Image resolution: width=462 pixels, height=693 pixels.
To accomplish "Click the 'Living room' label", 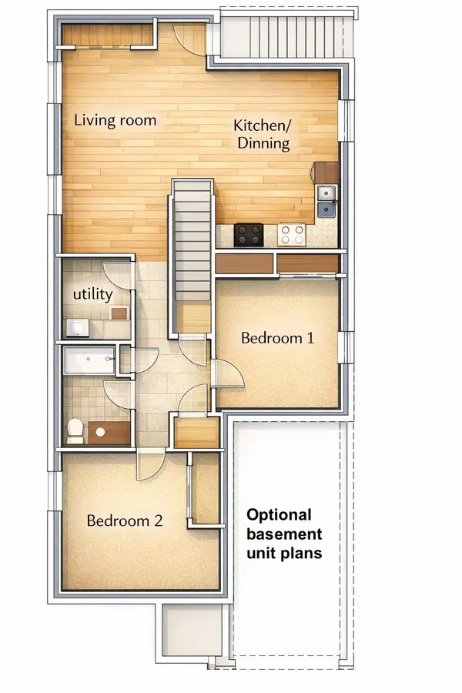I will pos(115,120).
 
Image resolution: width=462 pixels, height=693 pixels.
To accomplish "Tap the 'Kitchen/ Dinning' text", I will pos(263,135).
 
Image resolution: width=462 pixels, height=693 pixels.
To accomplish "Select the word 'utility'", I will pos(93,294).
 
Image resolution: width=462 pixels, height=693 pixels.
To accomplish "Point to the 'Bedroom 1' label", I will pos(277,337).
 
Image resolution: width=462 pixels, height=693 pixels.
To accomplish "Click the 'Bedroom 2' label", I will pos(124,521).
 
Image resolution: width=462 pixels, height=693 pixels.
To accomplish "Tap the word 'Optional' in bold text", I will pos(279,515).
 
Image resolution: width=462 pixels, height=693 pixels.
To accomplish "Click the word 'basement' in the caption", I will pos(283,534).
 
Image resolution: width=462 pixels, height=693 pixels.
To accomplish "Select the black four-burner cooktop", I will pos(249,234).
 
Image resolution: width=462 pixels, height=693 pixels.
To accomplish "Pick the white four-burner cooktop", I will pos(293,234).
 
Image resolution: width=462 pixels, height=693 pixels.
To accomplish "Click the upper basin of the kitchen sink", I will pos(327,193).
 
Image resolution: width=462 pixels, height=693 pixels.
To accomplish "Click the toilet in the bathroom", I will pos(75,431).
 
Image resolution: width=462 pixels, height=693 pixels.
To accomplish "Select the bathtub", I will pos(89,361).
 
